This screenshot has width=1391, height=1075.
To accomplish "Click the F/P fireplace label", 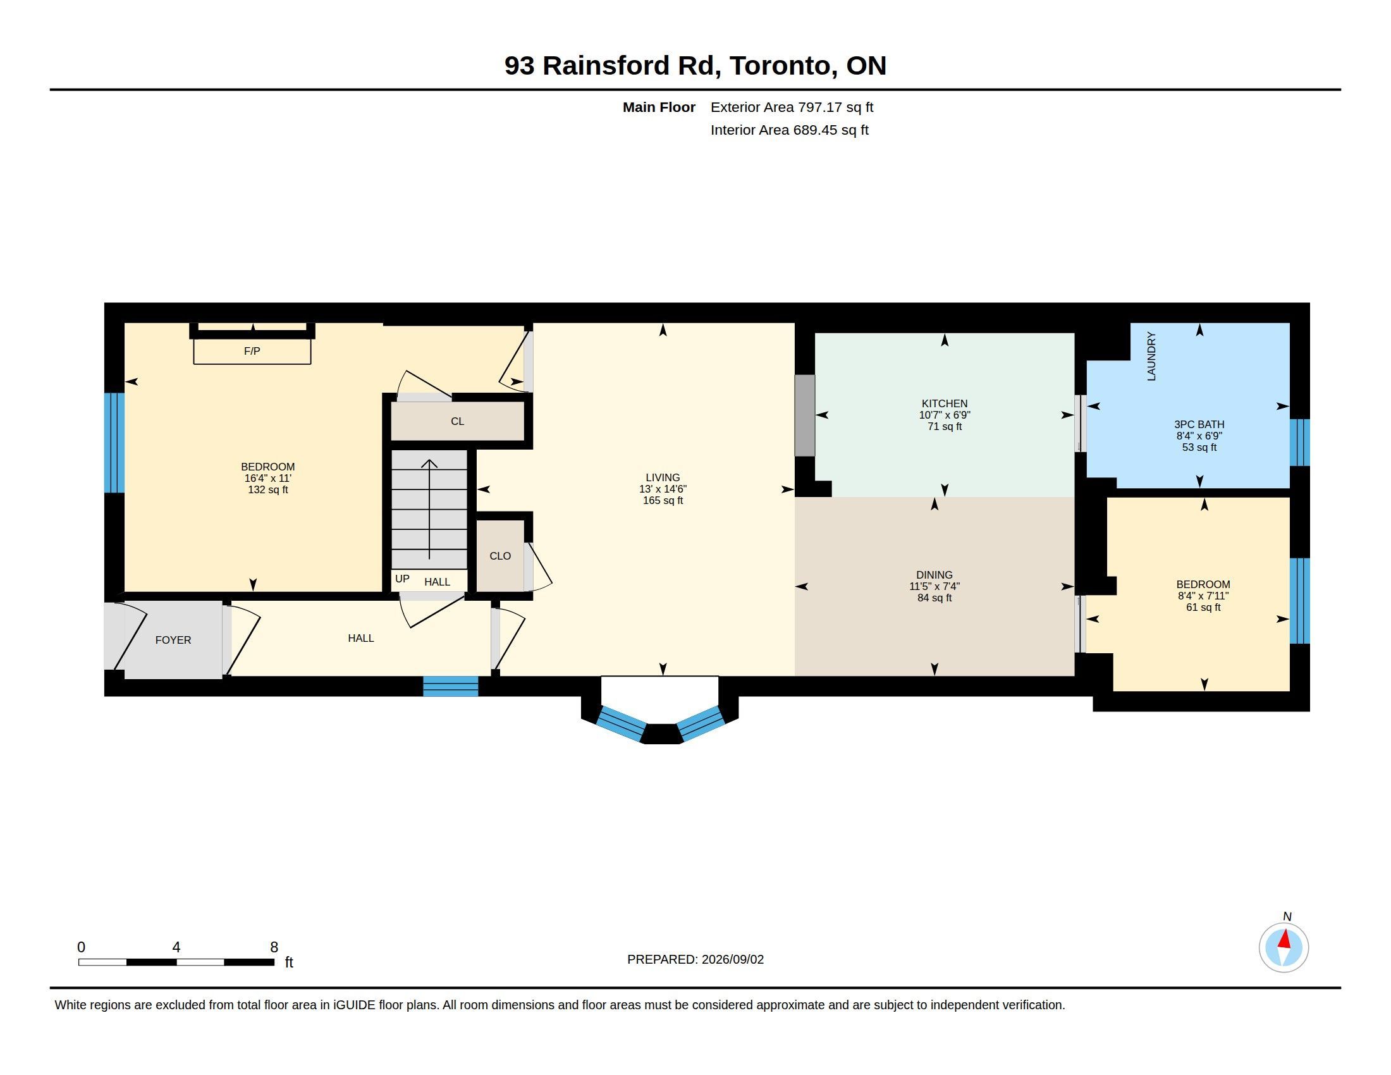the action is [x=252, y=351].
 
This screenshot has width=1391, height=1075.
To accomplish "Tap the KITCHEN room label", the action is [x=945, y=403].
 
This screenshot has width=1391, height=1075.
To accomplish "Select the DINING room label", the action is [x=934, y=574].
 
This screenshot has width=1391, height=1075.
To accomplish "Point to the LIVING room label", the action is [x=663, y=477].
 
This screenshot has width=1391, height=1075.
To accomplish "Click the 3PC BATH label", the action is [x=1199, y=424].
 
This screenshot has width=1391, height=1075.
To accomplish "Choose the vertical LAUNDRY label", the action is [x=1151, y=356].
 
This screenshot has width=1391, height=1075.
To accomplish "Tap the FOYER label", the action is [x=173, y=640].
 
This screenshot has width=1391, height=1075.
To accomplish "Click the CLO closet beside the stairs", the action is [x=500, y=556].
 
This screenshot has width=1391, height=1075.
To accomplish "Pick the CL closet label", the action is [x=457, y=421].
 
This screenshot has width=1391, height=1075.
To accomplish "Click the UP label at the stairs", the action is [x=402, y=578].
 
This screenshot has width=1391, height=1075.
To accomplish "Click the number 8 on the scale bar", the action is [x=274, y=947].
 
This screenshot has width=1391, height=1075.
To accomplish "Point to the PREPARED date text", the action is [x=695, y=959].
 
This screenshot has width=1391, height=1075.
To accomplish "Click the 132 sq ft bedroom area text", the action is [x=268, y=489].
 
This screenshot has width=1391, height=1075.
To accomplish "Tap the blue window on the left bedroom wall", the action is [x=114, y=443].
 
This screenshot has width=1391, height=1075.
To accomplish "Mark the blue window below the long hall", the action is [x=451, y=687].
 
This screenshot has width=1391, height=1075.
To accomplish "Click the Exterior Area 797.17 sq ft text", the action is [x=792, y=107].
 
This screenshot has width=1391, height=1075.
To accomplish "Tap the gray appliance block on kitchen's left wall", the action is [x=805, y=415].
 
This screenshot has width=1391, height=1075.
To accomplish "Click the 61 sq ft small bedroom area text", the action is [x=1203, y=608].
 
